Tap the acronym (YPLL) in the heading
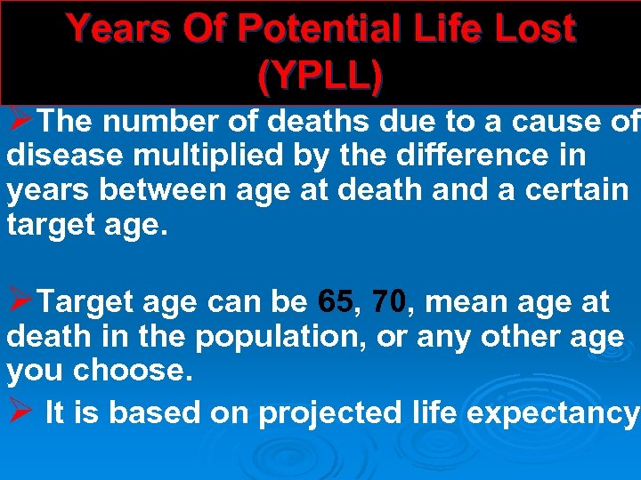(x=320, y=77)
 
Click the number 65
(x=336, y=302)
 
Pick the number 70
(x=390, y=302)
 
